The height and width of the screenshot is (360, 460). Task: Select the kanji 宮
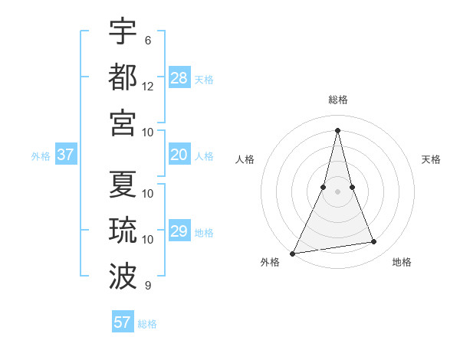tap(123, 123)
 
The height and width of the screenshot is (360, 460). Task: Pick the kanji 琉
tap(123, 230)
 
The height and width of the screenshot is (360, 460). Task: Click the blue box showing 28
tap(179, 78)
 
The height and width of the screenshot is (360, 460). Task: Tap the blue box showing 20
tap(179, 155)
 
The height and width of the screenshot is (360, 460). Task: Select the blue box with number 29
tap(179, 231)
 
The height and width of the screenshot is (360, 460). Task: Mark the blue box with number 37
tap(66, 155)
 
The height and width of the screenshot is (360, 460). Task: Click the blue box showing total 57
tap(123, 322)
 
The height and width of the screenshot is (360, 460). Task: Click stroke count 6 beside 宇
tap(147, 40)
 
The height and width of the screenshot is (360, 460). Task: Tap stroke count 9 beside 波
tap(147, 286)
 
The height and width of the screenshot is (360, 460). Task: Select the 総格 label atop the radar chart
tap(338, 100)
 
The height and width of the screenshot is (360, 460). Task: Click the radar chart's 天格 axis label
tap(431, 159)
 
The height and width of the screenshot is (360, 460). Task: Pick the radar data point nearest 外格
tap(293, 253)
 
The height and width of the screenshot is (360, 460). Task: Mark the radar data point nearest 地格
tap(374, 242)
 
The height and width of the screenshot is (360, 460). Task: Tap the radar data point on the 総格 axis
tap(338, 129)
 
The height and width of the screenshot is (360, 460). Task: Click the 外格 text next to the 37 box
tap(41, 155)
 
